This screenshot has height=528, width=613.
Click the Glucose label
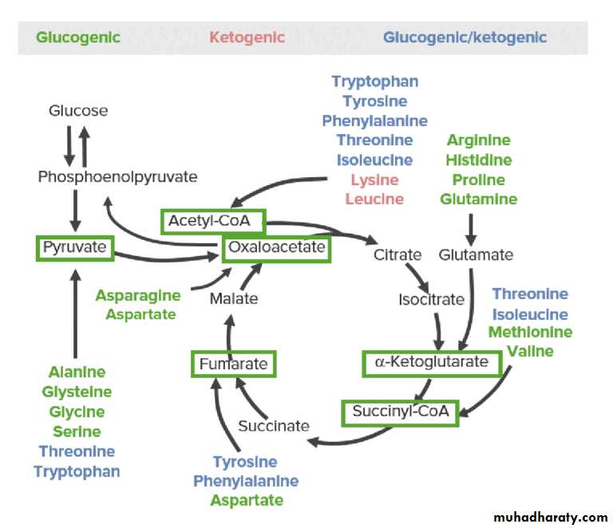(78, 111)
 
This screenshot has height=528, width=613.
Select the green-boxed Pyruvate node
(75, 247)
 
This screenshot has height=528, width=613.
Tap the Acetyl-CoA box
(212, 221)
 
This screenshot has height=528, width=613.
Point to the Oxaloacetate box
(276, 247)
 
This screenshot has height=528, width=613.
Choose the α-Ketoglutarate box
(431, 362)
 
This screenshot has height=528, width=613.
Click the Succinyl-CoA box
(400, 412)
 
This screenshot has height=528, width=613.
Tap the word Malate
(234, 298)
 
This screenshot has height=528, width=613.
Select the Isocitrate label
(431, 300)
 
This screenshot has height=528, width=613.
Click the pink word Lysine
(374, 180)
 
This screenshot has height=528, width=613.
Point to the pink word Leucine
(374, 199)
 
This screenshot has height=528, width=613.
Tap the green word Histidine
(479, 160)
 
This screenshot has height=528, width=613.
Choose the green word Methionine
(530, 332)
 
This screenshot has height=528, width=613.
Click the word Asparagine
(138, 295)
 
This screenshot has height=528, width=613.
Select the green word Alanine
(77, 372)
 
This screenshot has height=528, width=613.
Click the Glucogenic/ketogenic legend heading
(465, 37)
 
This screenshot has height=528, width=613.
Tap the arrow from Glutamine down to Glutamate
(472, 229)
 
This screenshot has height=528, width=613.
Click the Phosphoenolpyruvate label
(117, 176)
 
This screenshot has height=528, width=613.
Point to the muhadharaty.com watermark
(551, 517)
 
